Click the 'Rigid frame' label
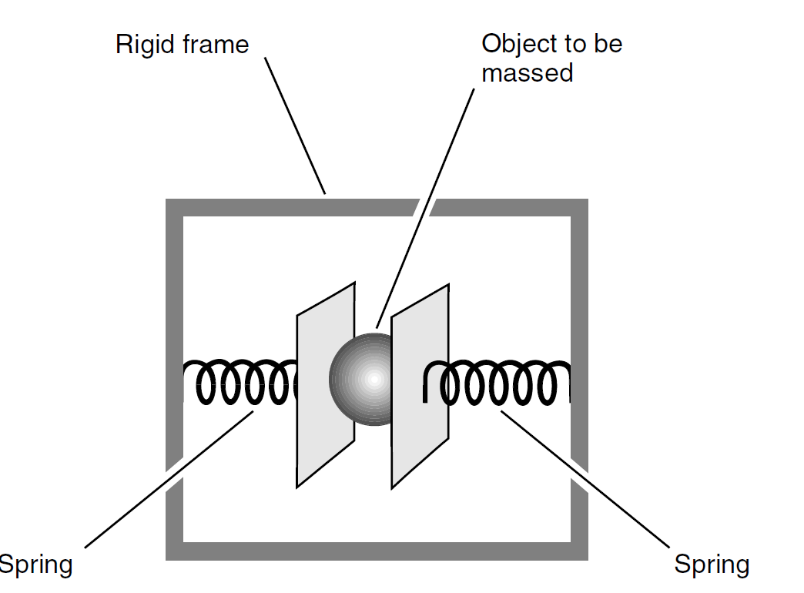182,44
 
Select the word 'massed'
528,73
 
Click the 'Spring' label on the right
712,565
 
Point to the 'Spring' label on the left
35,565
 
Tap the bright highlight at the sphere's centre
374,378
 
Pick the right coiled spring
497,383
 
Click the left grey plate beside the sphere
325,385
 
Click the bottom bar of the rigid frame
377,551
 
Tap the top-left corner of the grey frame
175,208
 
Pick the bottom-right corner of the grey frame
579,551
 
